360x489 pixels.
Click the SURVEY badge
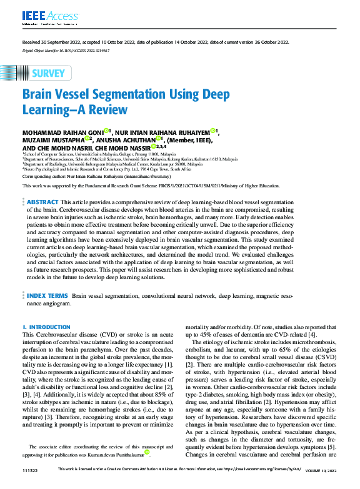47,73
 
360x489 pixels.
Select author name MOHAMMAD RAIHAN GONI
62,132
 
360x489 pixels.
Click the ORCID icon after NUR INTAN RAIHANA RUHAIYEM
214,131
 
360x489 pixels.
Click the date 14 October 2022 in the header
180,42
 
